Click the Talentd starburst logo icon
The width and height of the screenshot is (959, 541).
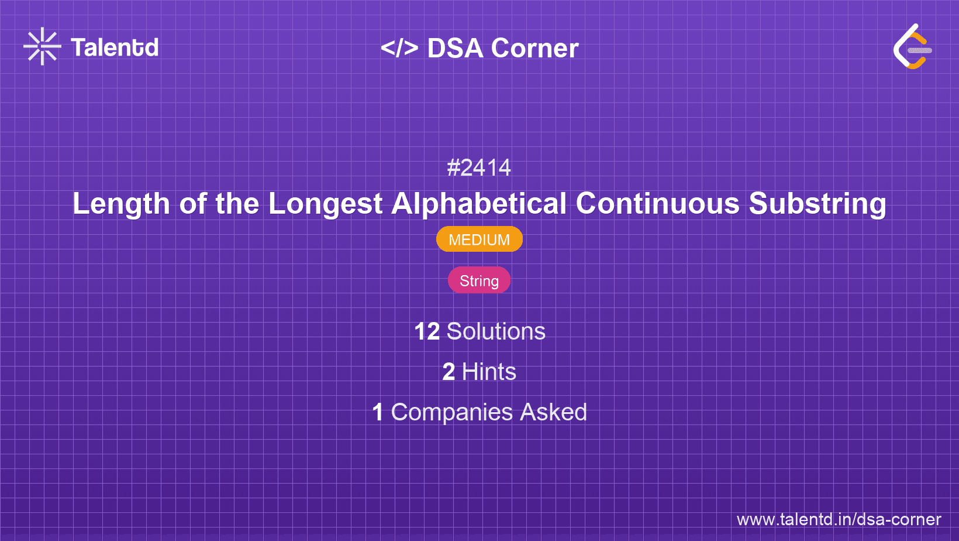(42, 46)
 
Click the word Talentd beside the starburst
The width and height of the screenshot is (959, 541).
(115, 47)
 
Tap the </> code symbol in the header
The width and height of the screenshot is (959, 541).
(399, 48)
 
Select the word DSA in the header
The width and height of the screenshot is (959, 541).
(455, 49)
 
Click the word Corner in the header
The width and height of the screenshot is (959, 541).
(534, 49)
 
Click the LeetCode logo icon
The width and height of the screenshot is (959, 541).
(912, 47)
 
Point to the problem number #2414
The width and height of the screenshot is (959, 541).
(479, 168)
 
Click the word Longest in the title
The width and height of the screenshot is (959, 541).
(325, 204)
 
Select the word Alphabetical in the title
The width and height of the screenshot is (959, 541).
(479, 204)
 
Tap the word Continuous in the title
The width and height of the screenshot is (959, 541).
(657, 204)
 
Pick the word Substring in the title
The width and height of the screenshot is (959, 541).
(817, 204)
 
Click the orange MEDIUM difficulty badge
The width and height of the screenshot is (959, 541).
(479, 239)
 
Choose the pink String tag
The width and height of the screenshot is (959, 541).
(479, 281)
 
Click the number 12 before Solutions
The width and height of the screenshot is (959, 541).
(426, 332)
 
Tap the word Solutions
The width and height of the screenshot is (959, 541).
(496, 332)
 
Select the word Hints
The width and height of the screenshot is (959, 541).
(489, 372)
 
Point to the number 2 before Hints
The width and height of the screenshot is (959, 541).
(449, 372)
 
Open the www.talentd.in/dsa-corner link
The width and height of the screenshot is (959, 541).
(839, 520)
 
